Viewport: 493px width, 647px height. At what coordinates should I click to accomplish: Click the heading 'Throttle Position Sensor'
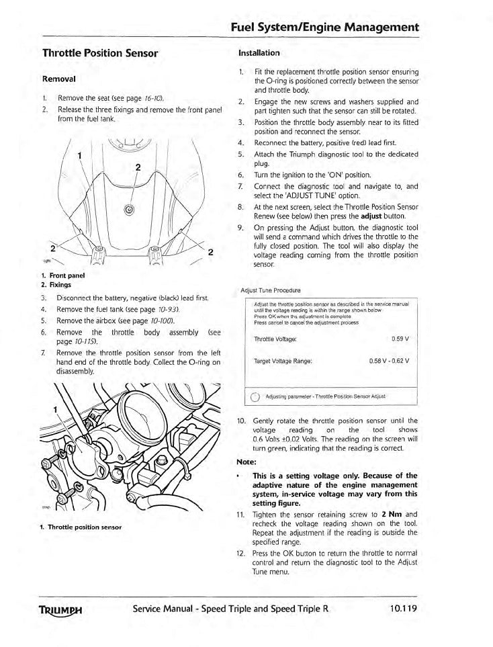click(100, 52)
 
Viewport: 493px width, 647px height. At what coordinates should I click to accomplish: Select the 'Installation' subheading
click(259, 52)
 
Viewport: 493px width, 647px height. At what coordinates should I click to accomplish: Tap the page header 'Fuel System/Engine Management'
click(324, 28)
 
